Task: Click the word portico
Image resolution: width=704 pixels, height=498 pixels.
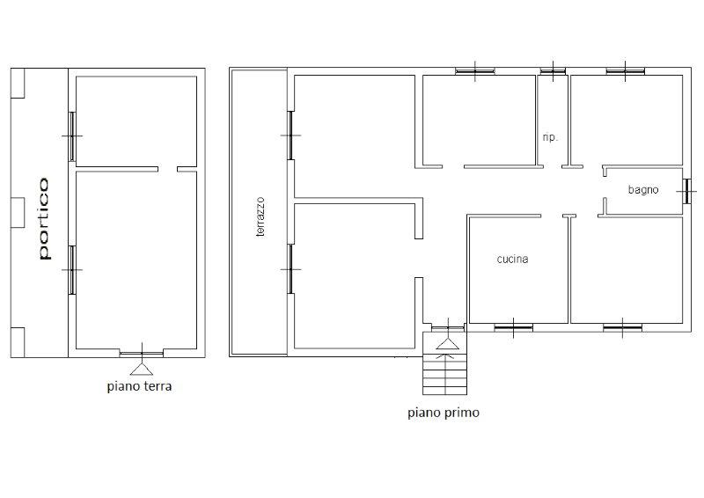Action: (44, 219)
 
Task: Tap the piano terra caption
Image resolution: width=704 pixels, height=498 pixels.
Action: (139, 386)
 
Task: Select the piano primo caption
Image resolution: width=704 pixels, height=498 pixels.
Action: (444, 413)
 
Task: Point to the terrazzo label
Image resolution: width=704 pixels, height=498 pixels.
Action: (260, 217)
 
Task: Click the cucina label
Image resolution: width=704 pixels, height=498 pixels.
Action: (512, 259)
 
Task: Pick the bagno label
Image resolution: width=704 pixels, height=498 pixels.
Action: (643, 190)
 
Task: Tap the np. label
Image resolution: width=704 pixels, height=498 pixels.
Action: (550, 137)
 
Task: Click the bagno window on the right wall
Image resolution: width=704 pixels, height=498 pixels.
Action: (686, 191)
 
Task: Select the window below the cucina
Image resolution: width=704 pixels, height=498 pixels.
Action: (514, 328)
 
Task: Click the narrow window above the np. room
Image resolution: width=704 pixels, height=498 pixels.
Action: (553, 71)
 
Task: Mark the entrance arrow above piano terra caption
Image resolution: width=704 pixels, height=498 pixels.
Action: (142, 369)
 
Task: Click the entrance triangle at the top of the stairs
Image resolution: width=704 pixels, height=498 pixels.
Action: (448, 344)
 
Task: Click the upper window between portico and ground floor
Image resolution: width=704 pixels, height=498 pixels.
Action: (72, 136)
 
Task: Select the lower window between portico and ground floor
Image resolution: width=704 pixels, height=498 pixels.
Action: (72, 270)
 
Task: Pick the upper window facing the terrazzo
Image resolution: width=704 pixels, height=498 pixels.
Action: (290, 135)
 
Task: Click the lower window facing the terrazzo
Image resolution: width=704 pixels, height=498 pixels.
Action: (290, 269)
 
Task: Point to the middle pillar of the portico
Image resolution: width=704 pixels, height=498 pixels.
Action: (18, 212)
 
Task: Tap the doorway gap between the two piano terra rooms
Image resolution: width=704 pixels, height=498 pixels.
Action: (168, 169)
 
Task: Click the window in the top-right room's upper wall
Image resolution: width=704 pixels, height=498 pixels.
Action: (626, 71)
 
